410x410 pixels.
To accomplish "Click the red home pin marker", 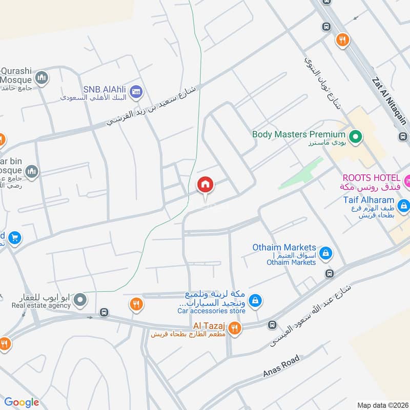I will [206, 185].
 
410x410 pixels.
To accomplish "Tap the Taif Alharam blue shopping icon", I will [404, 206].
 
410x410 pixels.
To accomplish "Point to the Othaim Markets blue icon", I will [325, 253].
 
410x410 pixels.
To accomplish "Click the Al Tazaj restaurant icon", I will [235, 328].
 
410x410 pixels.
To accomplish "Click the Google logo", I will [22, 402].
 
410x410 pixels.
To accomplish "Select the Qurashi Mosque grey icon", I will [42, 78].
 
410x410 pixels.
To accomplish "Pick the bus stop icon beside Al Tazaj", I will [272, 325].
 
